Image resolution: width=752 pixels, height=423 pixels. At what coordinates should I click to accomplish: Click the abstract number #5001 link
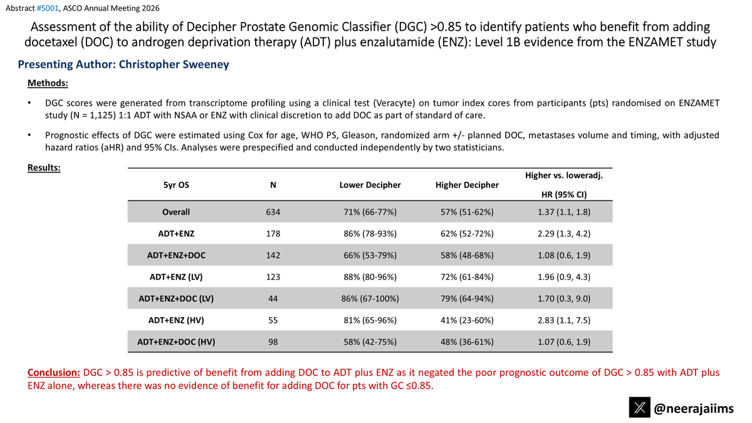click(x=48, y=8)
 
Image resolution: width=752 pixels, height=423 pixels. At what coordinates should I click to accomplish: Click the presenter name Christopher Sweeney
click(x=174, y=64)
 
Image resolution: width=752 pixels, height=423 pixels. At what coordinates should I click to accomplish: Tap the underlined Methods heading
click(x=48, y=83)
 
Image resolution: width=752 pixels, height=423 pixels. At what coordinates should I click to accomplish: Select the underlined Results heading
click(x=44, y=167)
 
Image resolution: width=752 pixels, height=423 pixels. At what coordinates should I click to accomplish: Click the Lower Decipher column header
click(x=370, y=185)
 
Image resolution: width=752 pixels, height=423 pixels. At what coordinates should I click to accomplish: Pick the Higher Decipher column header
click(x=467, y=185)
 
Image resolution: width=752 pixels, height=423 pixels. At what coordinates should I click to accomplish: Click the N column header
click(x=273, y=185)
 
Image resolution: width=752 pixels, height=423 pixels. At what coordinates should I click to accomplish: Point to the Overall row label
click(x=176, y=212)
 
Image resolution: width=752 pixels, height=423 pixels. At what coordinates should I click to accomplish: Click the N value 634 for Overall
click(x=273, y=212)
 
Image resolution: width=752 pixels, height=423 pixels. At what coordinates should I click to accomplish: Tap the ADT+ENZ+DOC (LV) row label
click(x=176, y=298)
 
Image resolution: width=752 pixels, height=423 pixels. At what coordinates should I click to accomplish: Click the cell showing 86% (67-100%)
click(x=370, y=298)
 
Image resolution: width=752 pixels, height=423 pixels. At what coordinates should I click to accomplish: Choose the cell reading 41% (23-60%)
click(x=467, y=320)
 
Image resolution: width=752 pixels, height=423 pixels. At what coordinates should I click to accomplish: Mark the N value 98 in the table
click(x=273, y=342)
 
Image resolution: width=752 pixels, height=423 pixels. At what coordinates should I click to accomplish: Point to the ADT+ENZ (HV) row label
click(x=176, y=320)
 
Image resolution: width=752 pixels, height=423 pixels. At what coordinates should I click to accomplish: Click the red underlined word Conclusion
click(x=54, y=372)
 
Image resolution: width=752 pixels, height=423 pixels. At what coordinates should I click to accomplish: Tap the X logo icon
click(x=640, y=407)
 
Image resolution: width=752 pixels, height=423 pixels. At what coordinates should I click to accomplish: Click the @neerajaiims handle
click(x=694, y=408)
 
